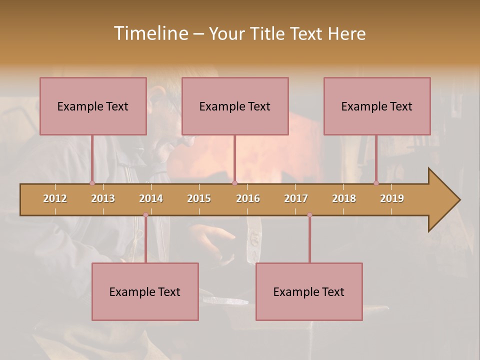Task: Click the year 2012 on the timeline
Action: [55, 198]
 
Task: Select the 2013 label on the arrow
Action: [103, 198]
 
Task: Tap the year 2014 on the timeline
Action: [151, 198]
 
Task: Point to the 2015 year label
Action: [199, 198]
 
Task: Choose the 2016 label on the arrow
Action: [248, 198]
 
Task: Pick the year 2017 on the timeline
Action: [296, 198]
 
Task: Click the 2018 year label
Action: [344, 198]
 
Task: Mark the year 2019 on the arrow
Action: [392, 198]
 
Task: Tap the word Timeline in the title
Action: [150, 33]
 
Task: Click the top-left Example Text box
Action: [93, 106]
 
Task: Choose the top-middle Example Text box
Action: [235, 106]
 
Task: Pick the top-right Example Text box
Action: [377, 106]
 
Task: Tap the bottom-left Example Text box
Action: [145, 291]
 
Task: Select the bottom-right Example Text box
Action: [309, 291]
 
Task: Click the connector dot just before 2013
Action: [92, 183]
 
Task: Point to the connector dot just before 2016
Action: [234, 183]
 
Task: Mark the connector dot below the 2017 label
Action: [309, 215]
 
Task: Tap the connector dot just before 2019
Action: [376, 183]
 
